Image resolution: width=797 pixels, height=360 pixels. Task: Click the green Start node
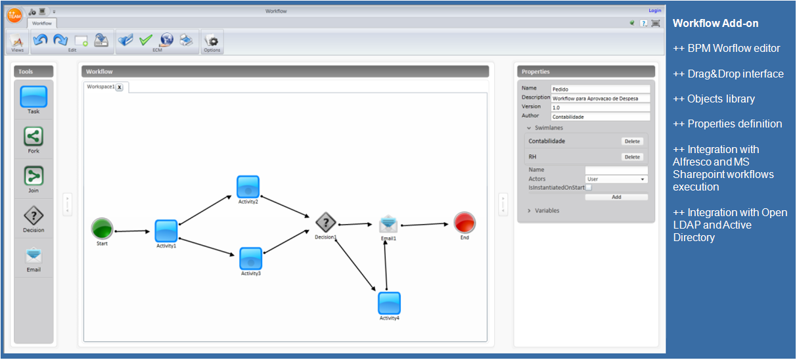(x=102, y=229)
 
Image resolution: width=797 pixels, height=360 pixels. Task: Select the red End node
(x=465, y=223)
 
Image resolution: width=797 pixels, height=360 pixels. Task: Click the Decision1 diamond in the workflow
(x=325, y=223)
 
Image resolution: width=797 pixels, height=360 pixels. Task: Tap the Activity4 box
(x=389, y=303)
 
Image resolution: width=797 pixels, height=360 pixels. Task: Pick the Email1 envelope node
(x=388, y=224)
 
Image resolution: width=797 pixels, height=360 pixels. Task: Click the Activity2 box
(x=248, y=187)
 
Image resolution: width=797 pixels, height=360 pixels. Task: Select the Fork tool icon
(x=34, y=136)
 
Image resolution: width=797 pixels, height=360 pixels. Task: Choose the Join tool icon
(x=34, y=176)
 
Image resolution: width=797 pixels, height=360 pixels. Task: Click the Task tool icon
(x=34, y=97)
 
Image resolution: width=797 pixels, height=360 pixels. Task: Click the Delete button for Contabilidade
(x=632, y=141)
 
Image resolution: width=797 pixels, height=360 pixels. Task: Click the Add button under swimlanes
(x=616, y=197)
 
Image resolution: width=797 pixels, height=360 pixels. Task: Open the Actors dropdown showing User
(x=616, y=179)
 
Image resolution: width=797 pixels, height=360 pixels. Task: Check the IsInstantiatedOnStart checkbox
(x=589, y=187)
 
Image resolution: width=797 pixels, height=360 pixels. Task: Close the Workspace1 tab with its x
(x=120, y=87)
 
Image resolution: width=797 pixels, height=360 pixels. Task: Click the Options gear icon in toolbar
(x=212, y=41)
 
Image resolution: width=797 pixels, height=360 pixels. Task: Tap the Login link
(x=654, y=11)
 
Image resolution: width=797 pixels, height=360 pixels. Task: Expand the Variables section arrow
(x=529, y=211)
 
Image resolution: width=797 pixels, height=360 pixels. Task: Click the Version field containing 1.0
(x=601, y=108)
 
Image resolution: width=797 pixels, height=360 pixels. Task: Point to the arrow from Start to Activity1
(x=132, y=231)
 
